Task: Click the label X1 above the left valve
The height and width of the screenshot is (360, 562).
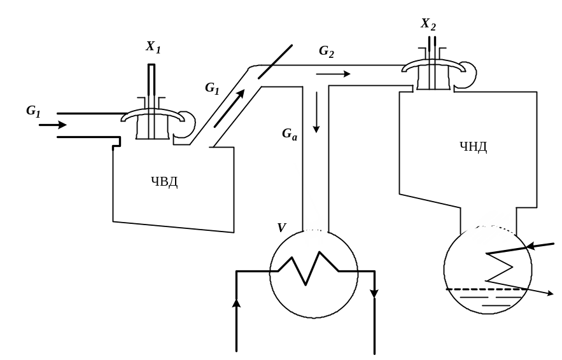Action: coord(153,47)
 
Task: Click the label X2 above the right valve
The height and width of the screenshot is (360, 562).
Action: coord(428,24)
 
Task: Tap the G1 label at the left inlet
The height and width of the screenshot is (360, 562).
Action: coord(33,111)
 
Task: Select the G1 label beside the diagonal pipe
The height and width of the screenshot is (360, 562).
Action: coord(212,88)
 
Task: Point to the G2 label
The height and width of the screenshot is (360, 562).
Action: coord(327,52)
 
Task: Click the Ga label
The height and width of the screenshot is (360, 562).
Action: coord(290,134)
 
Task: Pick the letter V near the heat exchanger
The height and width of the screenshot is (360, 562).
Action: coord(282,228)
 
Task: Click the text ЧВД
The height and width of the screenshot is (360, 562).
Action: coord(164,182)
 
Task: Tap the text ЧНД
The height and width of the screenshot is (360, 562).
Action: coord(473,146)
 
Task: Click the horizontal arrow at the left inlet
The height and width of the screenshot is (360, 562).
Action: coord(53,125)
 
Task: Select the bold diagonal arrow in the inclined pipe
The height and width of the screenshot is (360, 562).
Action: coord(229,108)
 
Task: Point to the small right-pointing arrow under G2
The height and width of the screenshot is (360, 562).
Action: coord(333,74)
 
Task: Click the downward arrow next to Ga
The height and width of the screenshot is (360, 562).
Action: coord(316,113)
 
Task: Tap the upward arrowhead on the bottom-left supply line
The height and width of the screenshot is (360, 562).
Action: coord(236,303)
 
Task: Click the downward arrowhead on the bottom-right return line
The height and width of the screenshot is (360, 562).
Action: coord(374,293)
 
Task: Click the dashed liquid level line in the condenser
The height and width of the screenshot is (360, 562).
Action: coord(484,289)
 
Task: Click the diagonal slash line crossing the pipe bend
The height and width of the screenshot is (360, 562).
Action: coord(275,62)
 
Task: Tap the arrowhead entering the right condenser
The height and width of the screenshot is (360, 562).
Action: coord(532,246)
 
